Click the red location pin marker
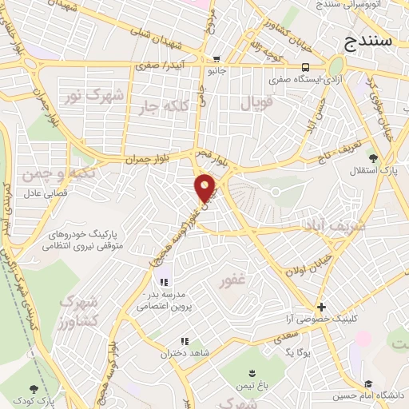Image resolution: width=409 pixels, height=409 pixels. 206,188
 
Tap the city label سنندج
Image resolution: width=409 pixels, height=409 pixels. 378,41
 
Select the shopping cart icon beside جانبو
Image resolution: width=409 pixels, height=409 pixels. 216,60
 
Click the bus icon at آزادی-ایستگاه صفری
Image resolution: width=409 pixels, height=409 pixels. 306,68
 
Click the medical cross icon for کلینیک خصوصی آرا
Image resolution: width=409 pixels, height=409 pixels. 321,307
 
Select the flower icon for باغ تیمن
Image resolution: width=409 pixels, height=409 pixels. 253,373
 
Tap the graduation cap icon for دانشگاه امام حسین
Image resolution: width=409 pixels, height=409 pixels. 368,383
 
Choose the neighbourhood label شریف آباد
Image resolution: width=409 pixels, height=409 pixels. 334,226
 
